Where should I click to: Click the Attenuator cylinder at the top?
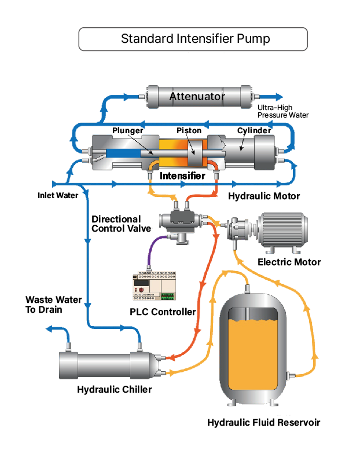coord(197,97)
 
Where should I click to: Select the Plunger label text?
coord(127,131)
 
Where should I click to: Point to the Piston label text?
coord(189,131)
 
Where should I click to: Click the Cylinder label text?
coord(254,131)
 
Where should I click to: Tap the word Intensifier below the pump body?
coord(182,175)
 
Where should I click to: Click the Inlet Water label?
coord(58,195)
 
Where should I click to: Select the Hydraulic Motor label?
coord(264,196)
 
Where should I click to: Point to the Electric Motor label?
coord(289,262)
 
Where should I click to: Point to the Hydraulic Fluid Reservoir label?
coord(263,422)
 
